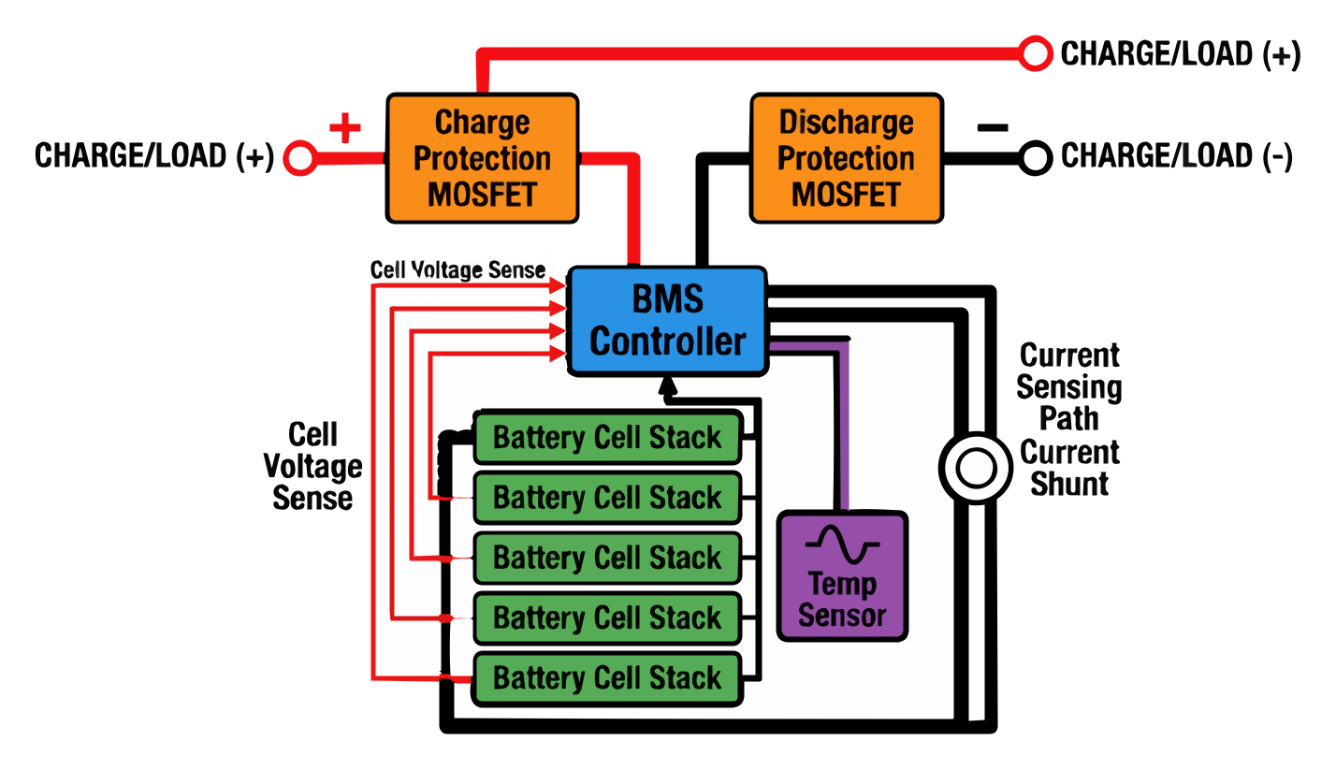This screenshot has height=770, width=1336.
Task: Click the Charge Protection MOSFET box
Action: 482,158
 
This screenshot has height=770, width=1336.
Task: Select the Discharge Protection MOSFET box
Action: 846,158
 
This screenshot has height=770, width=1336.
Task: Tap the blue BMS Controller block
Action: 667,321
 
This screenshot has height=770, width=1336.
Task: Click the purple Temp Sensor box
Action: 842,574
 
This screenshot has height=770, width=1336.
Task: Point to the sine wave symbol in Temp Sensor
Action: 842,545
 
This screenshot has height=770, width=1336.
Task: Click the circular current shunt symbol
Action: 975,467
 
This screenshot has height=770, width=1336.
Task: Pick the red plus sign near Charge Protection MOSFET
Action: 344,128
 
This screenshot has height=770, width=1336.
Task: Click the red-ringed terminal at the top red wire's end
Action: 1036,54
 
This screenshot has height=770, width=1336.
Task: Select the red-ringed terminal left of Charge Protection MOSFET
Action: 300,158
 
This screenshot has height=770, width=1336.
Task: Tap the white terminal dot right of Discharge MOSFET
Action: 1035,158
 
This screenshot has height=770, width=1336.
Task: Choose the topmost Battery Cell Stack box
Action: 607,437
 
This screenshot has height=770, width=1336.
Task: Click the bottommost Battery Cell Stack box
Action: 607,677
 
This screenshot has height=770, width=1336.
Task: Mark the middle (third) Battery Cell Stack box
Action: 607,558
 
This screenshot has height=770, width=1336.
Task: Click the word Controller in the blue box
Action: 667,341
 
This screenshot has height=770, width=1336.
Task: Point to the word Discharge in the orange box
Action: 846,123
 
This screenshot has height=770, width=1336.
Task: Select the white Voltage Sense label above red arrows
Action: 460,269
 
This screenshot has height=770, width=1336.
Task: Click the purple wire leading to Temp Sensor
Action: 844,421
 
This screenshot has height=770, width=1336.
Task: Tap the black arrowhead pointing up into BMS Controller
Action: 667,385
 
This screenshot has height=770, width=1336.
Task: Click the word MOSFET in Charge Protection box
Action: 482,195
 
